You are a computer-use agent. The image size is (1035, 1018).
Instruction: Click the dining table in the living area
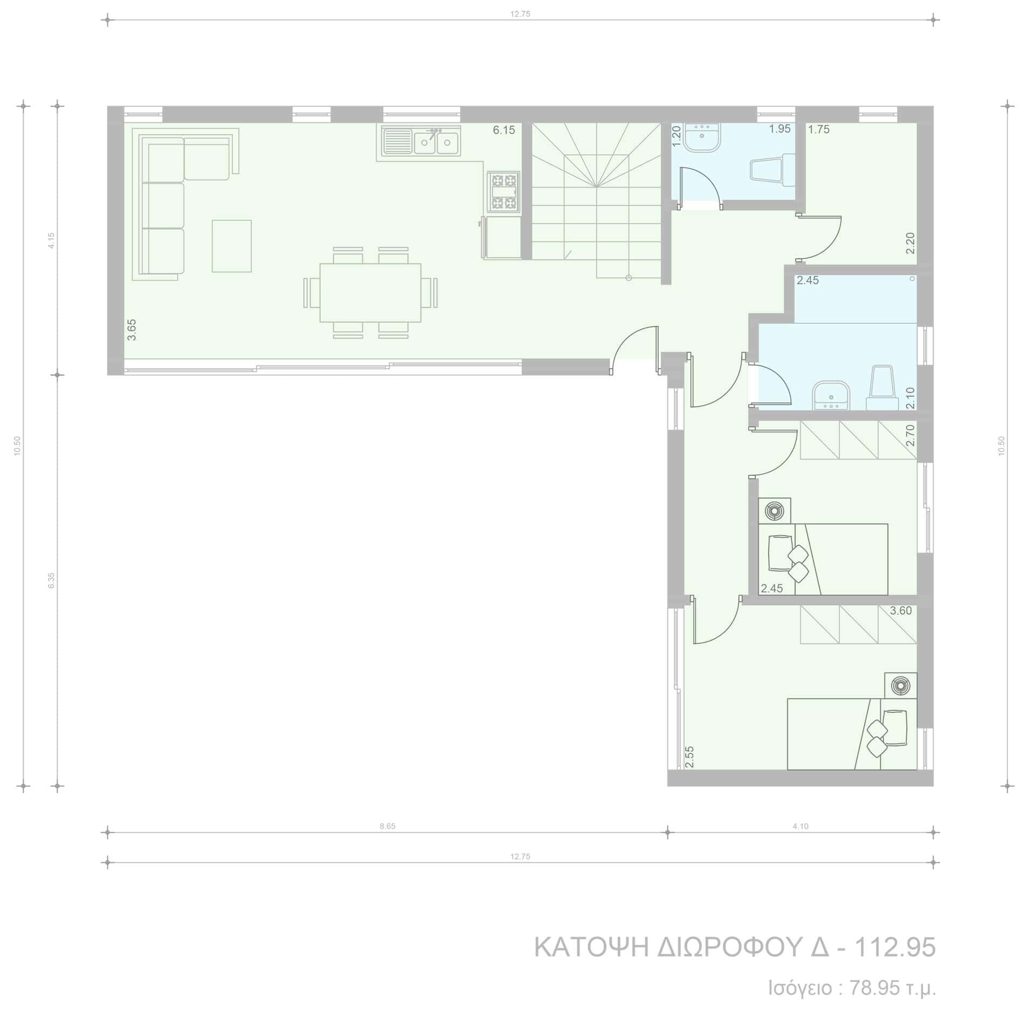[x=370, y=292]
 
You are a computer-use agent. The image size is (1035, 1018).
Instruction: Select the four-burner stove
[x=503, y=191]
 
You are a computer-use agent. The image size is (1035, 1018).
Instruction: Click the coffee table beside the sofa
[x=232, y=246]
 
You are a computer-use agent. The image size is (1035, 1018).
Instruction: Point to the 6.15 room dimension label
[x=504, y=130]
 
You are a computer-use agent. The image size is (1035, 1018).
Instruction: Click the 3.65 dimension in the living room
[x=132, y=330]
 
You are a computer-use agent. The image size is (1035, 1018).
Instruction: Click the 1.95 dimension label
[x=779, y=129]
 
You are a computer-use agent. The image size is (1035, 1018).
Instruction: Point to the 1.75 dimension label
[x=819, y=129]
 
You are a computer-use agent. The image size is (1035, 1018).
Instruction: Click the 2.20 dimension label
[x=910, y=243]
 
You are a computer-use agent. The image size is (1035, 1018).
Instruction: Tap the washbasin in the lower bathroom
[x=831, y=396]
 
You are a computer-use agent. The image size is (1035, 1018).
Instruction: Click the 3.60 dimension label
[x=901, y=611]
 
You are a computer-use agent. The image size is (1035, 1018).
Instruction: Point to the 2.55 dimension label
[x=689, y=757]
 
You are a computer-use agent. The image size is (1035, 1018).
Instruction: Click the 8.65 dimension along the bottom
[x=388, y=826]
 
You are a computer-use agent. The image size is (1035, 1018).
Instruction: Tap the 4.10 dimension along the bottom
[x=801, y=826]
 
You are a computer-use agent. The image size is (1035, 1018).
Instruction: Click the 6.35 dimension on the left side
[x=51, y=580]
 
